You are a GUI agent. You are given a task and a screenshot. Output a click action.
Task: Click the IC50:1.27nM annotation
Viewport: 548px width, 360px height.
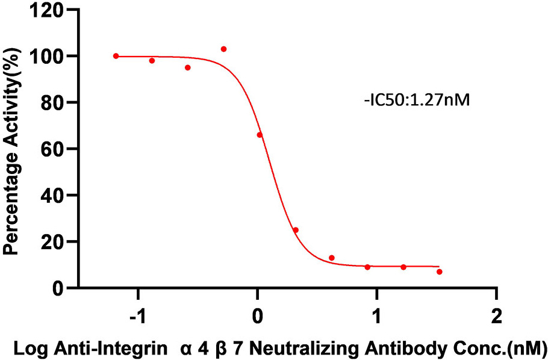[x=416, y=101]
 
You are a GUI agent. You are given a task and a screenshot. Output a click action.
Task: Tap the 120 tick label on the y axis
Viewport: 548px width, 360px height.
[x=50, y=10]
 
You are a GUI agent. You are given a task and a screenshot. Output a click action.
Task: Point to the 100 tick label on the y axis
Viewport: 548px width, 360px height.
[x=50, y=56]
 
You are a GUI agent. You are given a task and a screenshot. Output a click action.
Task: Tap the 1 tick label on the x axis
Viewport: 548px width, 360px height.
[x=377, y=315]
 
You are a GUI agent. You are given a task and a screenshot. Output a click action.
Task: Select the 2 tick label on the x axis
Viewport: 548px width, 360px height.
[x=496, y=315]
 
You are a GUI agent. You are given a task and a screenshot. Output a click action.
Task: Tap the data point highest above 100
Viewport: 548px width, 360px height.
[x=223, y=49]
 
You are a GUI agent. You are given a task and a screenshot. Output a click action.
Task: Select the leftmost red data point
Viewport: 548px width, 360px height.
[x=116, y=56]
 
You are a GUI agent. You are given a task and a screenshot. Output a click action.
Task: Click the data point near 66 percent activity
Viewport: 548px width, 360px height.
[x=260, y=135]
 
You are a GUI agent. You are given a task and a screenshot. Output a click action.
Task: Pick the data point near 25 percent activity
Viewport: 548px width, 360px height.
[x=296, y=230]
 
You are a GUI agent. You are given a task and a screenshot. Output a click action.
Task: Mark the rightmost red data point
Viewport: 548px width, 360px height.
[x=440, y=272]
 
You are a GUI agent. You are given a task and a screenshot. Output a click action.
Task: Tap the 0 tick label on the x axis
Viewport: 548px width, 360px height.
[x=258, y=315]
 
